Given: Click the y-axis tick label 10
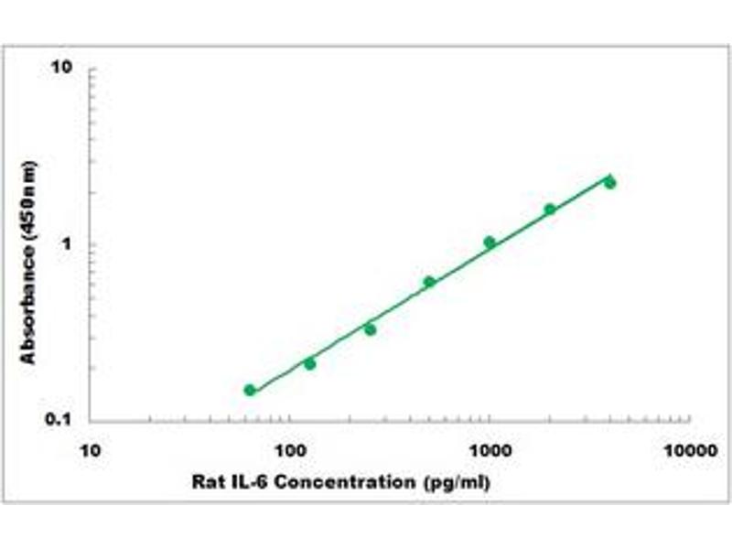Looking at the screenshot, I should point(61,69).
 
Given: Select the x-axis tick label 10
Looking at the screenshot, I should point(90,450).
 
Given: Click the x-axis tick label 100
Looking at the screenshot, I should point(290,450).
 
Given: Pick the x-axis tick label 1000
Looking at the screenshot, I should point(490,450).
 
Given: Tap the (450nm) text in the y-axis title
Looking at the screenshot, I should point(29,199).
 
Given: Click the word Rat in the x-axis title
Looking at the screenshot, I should point(206,482).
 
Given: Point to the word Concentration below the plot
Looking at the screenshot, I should point(344,482).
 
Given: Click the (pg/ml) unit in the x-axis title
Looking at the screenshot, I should point(455,482).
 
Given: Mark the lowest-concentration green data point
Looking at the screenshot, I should point(250,390).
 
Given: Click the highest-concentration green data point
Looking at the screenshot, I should point(609,183).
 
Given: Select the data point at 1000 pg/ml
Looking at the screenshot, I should point(490,242).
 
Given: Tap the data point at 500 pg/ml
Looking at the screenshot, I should point(429,282).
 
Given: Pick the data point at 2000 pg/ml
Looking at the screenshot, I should point(550,210).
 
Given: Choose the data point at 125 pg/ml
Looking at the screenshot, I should point(309,364).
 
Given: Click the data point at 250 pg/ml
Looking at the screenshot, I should point(370,328).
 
